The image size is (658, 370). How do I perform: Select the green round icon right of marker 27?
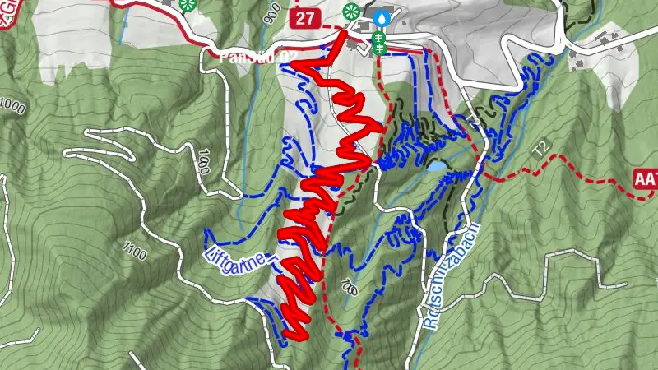coord(352,11)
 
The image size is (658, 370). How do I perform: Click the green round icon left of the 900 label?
coord(188,4)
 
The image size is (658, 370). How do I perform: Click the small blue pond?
coord(436,167)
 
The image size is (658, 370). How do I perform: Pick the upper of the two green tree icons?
coord(379,37)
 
